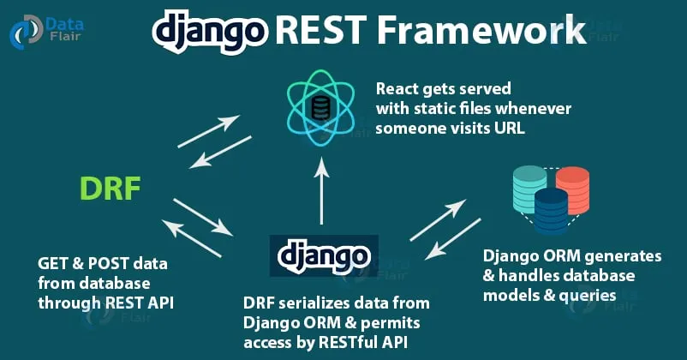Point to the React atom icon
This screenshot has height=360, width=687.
[x=322, y=107]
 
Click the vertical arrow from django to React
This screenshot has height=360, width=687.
[x=322, y=192]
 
